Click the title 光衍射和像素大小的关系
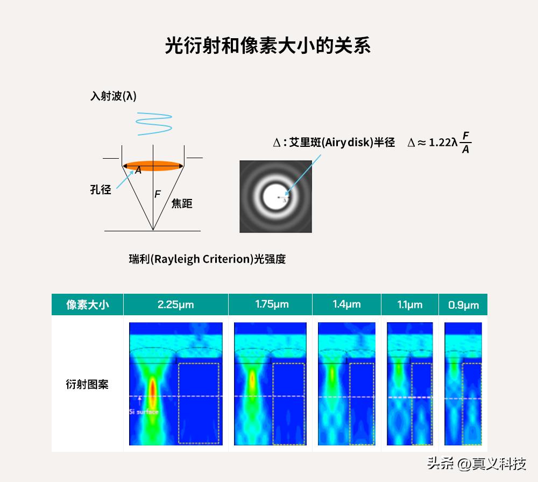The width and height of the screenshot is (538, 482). tap(267, 45)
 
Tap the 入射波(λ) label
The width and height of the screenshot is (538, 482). tap(113, 96)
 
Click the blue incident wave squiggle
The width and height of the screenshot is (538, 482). tap(154, 124)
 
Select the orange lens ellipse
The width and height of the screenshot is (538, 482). tap(153, 166)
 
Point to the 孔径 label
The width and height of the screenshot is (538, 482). tap(101, 189)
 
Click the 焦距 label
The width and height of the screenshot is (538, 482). tap(181, 203)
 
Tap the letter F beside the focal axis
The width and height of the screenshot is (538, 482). tap(158, 194)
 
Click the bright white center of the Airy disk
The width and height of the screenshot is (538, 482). tap(276, 196)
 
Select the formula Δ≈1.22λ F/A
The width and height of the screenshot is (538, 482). tap(439, 141)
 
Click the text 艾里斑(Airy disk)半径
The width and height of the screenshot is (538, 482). tap(342, 142)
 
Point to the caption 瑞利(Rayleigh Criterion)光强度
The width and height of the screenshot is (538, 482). tap(207, 259)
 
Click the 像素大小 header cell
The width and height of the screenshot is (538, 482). tap(88, 304)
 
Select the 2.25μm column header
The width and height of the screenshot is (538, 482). tap(176, 304)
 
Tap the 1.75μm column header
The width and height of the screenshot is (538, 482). tap(272, 304)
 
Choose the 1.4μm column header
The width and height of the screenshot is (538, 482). tap(346, 304)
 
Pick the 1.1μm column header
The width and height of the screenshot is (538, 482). tap(409, 304)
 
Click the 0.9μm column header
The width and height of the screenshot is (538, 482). tap(463, 304)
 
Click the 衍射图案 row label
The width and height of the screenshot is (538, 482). tap(87, 384)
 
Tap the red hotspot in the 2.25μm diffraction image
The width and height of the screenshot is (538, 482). tap(152, 392)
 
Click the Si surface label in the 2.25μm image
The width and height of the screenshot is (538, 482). tap(144, 412)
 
